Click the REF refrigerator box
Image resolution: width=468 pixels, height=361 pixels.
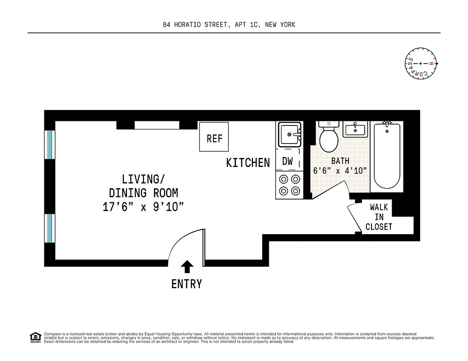(214, 137)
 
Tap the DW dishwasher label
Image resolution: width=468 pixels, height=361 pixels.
(287, 161)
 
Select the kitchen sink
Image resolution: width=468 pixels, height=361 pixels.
(289, 134)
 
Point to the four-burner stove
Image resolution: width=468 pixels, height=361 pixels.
(289, 185)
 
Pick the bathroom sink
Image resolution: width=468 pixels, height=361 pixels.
(356, 129)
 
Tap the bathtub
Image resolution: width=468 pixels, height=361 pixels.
(387, 156)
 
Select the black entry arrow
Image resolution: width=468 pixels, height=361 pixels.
(187, 267)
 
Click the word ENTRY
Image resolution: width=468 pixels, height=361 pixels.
(187, 284)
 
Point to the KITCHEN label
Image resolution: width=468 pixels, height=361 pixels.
(248, 162)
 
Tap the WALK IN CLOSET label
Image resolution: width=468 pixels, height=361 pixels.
(379, 217)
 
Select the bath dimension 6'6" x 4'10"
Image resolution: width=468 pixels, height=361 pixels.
(340, 171)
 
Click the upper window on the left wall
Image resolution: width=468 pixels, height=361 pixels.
(49, 144)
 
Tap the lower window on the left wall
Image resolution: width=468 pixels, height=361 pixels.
(49, 228)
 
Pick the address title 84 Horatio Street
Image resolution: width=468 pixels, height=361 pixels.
(229, 24)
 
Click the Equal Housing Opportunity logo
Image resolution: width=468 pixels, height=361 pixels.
(35, 337)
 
